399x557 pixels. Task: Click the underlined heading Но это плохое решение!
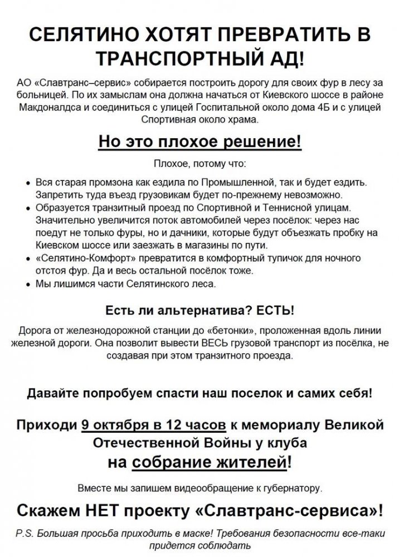[x=199, y=142]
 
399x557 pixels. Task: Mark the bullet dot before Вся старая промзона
[x=30, y=183]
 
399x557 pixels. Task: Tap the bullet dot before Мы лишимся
[x=30, y=284]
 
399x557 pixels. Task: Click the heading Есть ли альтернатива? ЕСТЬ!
[x=199, y=310]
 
